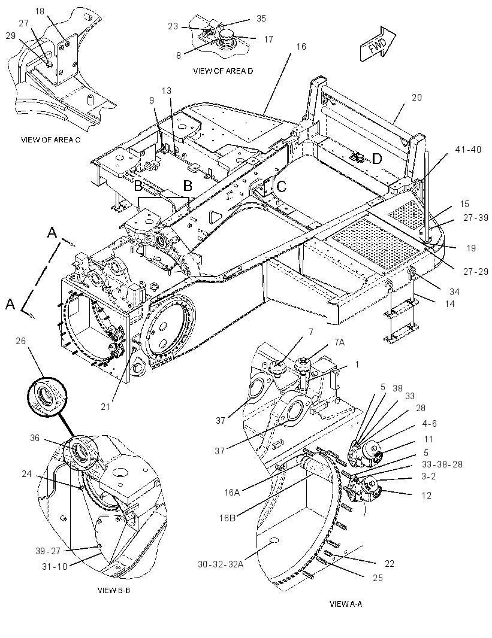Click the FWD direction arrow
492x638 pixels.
[x=378, y=44]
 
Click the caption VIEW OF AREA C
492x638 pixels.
[x=50, y=139]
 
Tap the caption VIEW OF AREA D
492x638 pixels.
[x=223, y=71]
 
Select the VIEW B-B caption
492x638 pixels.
[x=114, y=590]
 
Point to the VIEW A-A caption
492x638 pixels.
[x=345, y=604]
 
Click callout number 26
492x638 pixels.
[x=21, y=341]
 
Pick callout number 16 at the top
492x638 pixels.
[x=301, y=47]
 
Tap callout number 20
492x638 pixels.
[x=416, y=97]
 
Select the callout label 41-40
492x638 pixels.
[x=468, y=150]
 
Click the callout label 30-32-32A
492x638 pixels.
[x=221, y=564]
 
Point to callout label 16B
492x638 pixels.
[x=228, y=518]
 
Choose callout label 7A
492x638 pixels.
[x=340, y=342]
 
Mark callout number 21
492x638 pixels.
[x=105, y=406]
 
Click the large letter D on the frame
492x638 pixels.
[x=377, y=159]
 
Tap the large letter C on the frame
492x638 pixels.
[x=282, y=186]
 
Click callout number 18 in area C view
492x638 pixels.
[x=40, y=11]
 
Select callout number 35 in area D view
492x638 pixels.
[x=261, y=19]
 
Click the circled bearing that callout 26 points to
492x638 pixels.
[x=47, y=394]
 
